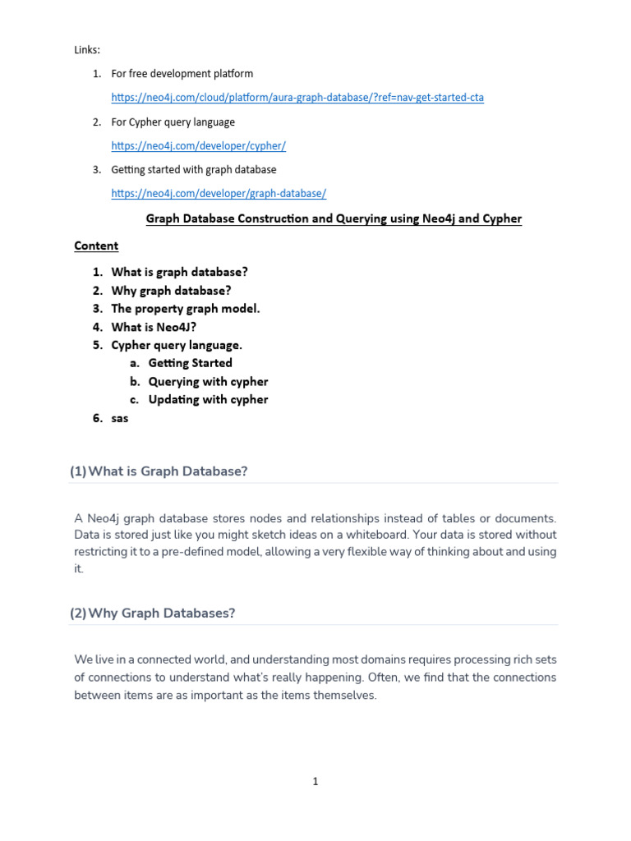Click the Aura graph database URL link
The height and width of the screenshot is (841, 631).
point(297,98)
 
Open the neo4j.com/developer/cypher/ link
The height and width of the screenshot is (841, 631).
point(198,145)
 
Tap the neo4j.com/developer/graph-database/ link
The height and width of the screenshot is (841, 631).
point(219,194)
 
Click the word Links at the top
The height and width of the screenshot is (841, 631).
point(87,50)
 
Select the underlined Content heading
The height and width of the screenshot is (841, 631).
point(96,246)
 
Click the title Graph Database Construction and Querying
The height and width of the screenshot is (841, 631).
point(334,218)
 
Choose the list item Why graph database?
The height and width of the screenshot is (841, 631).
point(171,290)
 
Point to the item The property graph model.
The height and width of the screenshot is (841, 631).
point(186,309)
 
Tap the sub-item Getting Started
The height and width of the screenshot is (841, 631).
point(190,363)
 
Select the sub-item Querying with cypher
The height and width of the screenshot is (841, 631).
point(208,381)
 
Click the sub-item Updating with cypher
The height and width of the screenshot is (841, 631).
point(208,400)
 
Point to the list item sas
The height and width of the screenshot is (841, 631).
point(120,418)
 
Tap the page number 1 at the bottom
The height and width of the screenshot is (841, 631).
point(315,782)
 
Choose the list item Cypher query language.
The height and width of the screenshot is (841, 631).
point(177,345)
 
